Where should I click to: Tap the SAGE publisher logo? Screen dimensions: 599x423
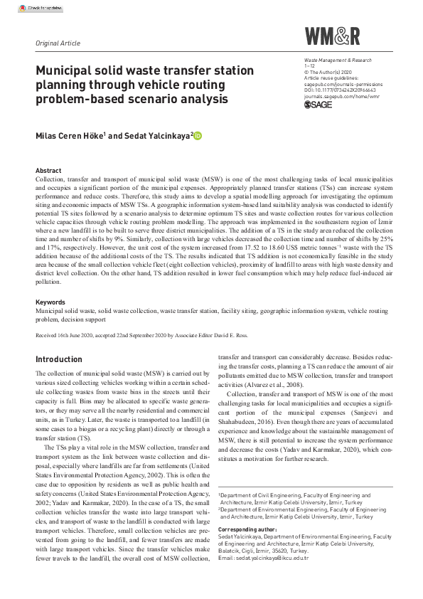click(x=318, y=105)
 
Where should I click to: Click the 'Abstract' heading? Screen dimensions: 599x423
click(x=48, y=171)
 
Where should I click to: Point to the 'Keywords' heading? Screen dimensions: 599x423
click(x=50, y=302)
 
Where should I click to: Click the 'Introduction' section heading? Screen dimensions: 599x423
click(x=59, y=359)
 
